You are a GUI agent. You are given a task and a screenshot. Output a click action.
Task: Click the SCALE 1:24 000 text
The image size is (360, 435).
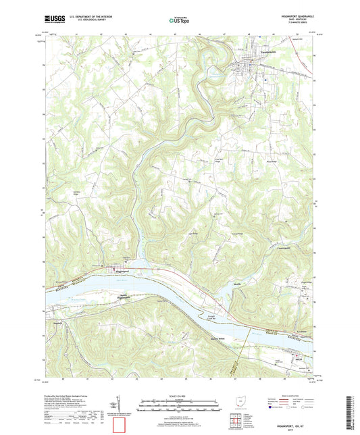[x=179, y=395]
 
